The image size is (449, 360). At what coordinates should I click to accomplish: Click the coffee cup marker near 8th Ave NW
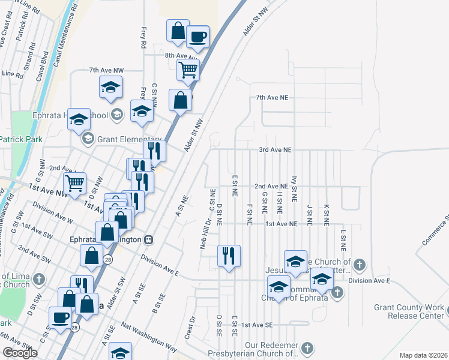(x=197, y=37)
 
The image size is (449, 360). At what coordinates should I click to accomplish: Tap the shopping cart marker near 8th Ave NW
(x=188, y=70)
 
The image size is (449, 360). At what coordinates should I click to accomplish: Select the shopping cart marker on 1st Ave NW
(x=75, y=183)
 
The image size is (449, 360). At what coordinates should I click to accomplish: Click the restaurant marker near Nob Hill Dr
(x=229, y=256)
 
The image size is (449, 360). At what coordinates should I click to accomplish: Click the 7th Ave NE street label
(x=272, y=97)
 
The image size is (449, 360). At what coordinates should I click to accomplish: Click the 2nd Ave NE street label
(x=271, y=187)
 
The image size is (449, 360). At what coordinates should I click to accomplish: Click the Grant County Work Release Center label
(x=408, y=311)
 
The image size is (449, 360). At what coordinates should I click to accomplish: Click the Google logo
(x=20, y=353)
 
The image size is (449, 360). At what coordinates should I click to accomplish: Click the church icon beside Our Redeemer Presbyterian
(x=307, y=348)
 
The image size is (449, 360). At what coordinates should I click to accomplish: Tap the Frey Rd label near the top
(x=143, y=37)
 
